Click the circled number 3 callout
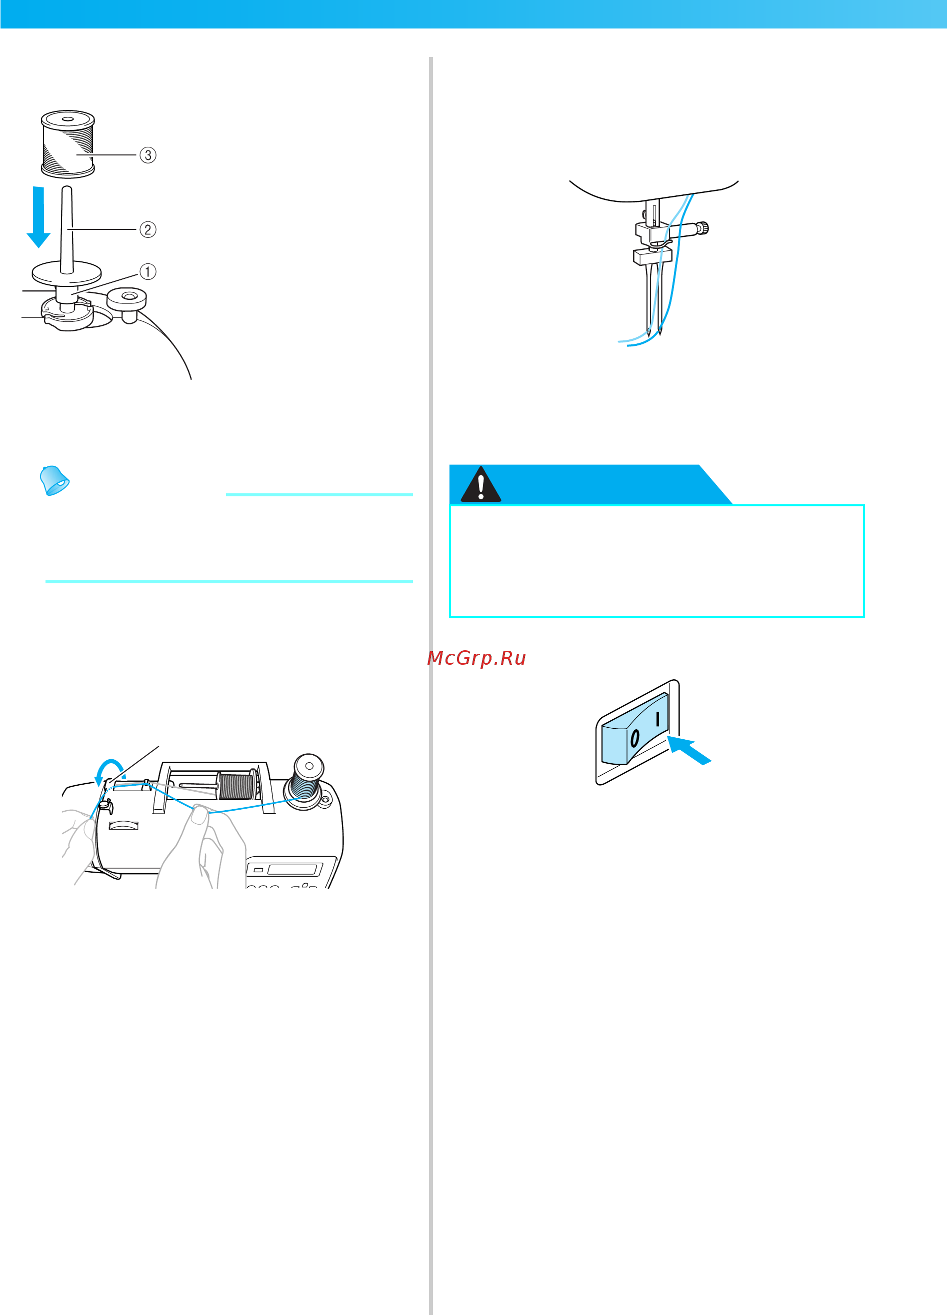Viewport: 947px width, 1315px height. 148,155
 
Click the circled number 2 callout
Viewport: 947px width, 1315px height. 148,229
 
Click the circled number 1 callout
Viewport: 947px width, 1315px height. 148,271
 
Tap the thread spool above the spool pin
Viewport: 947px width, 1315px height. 68,144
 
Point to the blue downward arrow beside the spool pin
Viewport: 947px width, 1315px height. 38,217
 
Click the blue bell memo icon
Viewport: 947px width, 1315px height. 54,480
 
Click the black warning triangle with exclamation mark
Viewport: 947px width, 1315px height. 480,485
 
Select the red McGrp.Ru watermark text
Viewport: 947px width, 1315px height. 476,658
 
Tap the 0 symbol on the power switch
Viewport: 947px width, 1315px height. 634,738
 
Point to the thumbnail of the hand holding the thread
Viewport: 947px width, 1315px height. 199,816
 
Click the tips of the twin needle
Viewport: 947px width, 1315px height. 654,333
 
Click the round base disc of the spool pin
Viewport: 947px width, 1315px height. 66,272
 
